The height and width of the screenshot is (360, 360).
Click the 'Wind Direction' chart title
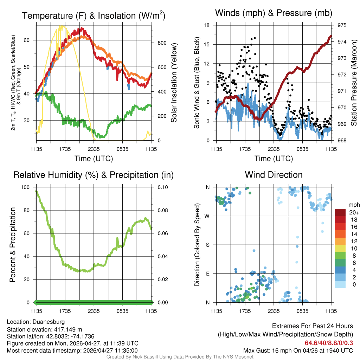coord(274,175)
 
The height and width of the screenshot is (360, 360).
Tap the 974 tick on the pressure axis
coord(340,41)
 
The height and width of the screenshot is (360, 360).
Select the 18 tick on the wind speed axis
coord(207,25)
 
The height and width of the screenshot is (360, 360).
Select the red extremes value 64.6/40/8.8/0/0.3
coord(329,343)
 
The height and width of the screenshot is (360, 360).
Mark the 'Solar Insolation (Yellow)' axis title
coord(174,83)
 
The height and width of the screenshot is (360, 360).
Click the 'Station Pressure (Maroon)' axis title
coord(354,83)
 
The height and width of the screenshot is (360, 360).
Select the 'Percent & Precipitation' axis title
coord(12,245)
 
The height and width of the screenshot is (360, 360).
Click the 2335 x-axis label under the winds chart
coord(274,149)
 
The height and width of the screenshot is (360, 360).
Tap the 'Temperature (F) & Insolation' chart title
coord(94,15)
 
